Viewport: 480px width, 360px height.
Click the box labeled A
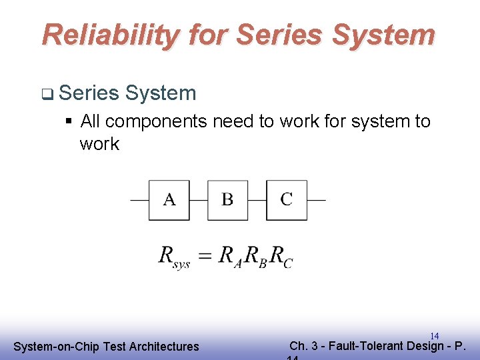[x=169, y=199]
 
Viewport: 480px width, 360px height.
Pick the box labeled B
[x=227, y=199]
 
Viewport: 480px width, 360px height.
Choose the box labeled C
[x=287, y=199]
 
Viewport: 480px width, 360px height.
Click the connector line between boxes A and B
[x=198, y=199]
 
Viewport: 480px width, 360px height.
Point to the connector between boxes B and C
[x=257, y=199]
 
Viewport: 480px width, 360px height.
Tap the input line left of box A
[x=139, y=199]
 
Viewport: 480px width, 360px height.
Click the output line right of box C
[x=317, y=199]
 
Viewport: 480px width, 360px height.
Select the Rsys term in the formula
[x=174, y=256]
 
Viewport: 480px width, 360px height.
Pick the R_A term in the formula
[x=229, y=256]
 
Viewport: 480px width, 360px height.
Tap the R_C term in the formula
[x=281, y=256]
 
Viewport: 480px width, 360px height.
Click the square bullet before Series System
[x=46, y=95]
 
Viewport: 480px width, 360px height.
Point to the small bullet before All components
[x=69, y=122]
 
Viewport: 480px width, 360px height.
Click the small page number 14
[x=434, y=336]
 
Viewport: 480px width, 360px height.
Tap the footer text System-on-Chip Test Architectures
[x=106, y=346]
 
